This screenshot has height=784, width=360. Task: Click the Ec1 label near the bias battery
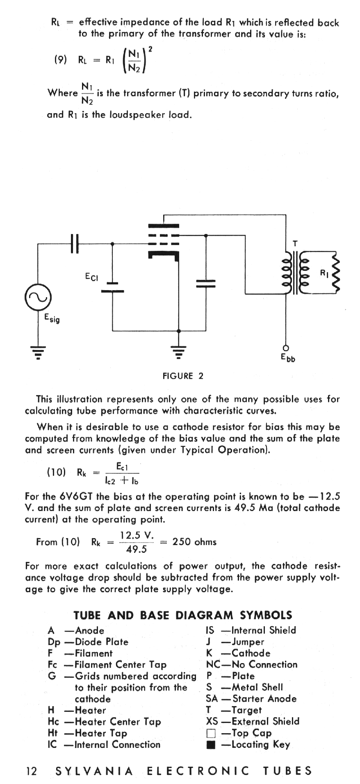(x=91, y=277)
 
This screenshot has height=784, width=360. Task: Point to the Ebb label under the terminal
(x=288, y=358)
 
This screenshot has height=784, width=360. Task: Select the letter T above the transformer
(x=294, y=244)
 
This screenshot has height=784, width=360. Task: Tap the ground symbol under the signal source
(x=38, y=352)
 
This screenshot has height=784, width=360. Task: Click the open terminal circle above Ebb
(x=286, y=347)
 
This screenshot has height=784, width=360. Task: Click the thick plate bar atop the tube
(x=164, y=225)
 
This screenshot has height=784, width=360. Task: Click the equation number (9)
(x=60, y=60)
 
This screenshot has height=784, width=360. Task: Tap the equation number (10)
(x=57, y=472)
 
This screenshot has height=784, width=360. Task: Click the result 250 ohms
(x=194, y=541)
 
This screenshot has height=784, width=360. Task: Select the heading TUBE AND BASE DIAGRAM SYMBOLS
(x=183, y=615)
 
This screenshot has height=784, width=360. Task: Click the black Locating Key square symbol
(x=211, y=745)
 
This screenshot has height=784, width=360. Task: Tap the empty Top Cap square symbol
(x=211, y=733)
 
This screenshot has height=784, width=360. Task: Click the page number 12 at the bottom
(x=31, y=771)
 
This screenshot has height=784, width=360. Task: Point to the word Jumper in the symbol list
(x=248, y=642)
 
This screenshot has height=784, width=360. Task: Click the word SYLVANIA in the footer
(x=94, y=771)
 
